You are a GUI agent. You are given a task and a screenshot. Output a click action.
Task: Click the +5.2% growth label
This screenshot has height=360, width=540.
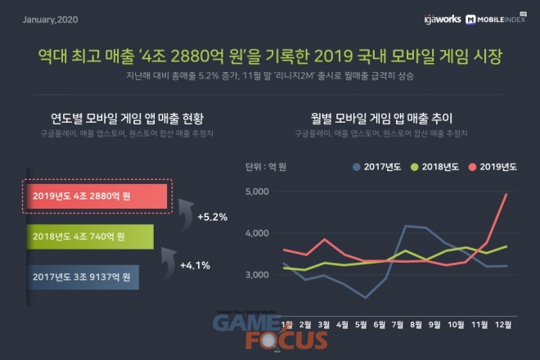[x=212, y=218]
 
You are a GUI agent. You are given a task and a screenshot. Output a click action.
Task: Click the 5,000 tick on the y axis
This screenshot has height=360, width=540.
[x=258, y=191]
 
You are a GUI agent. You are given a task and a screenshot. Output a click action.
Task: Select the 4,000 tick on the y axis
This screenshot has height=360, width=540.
[x=258, y=233]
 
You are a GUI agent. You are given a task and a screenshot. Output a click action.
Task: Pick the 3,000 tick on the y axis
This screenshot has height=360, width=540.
[x=258, y=274]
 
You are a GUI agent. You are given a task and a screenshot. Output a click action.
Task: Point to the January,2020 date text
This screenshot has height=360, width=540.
[x=51, y=17]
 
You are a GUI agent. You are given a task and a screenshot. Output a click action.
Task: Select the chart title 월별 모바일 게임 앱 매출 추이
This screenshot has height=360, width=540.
[x=382, y=116]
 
